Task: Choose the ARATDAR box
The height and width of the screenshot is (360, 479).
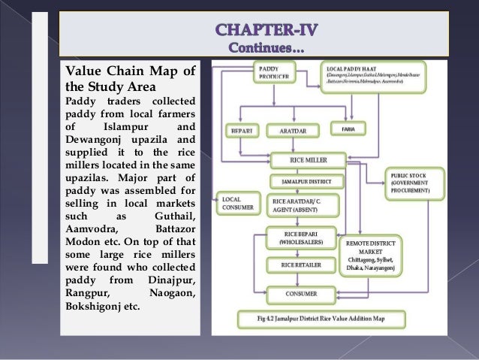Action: [285, 129]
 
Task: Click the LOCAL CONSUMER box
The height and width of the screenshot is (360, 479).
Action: [234, 204]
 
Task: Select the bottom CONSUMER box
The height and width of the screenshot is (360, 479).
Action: [300, 292]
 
